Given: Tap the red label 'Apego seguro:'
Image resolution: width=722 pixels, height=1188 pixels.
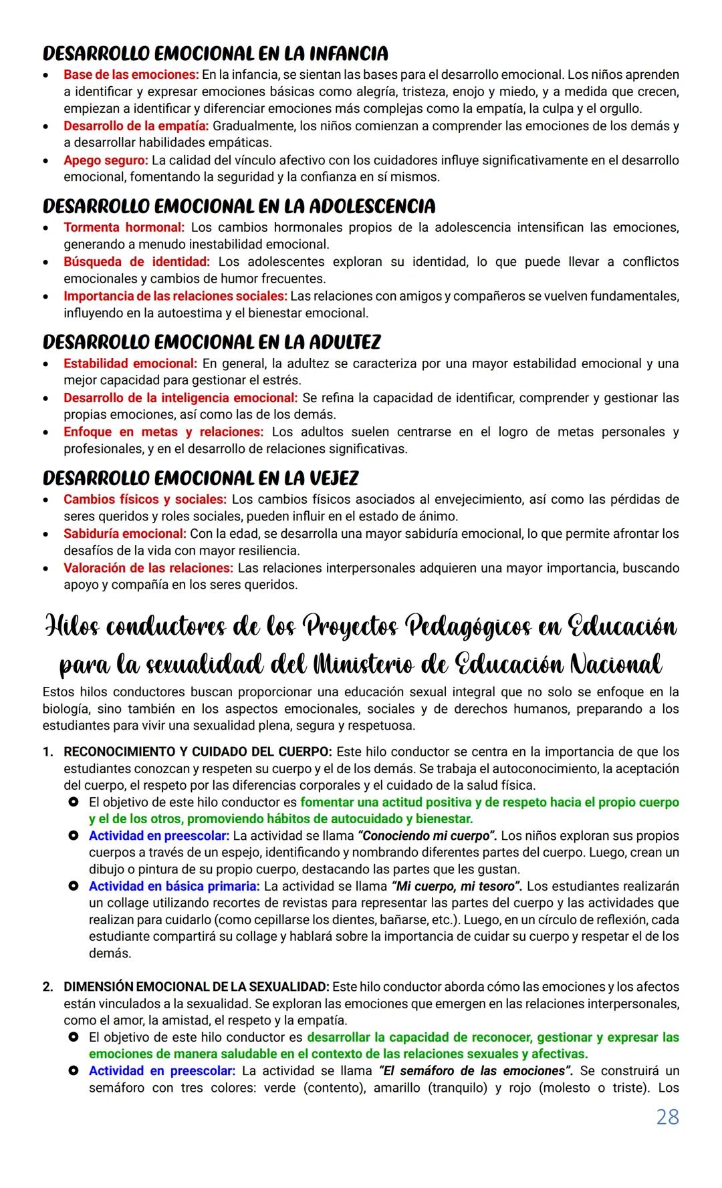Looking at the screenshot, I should (x=106, y=160).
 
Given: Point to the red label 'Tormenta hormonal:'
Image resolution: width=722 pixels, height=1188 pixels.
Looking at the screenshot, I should (x=124, y=228).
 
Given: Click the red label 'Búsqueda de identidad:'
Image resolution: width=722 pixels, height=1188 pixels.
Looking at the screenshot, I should (x=136, y=262).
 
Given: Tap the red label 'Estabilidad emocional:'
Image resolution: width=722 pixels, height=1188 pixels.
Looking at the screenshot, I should (x=130, y=363).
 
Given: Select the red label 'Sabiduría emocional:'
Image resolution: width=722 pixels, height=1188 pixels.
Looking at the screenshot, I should (x=124, y=534).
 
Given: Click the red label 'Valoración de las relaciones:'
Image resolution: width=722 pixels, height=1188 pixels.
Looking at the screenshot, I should (x=148, y=568).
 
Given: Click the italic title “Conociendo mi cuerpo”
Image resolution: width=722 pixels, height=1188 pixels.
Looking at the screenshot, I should (x=428, y=836).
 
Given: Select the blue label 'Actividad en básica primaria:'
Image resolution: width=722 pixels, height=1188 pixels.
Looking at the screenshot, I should (x=174, y=886).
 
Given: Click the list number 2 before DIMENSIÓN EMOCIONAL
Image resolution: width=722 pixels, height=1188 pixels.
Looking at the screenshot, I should (x=48, y=987).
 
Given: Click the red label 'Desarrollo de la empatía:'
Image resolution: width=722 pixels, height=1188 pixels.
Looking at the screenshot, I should (x=136, y=126).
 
